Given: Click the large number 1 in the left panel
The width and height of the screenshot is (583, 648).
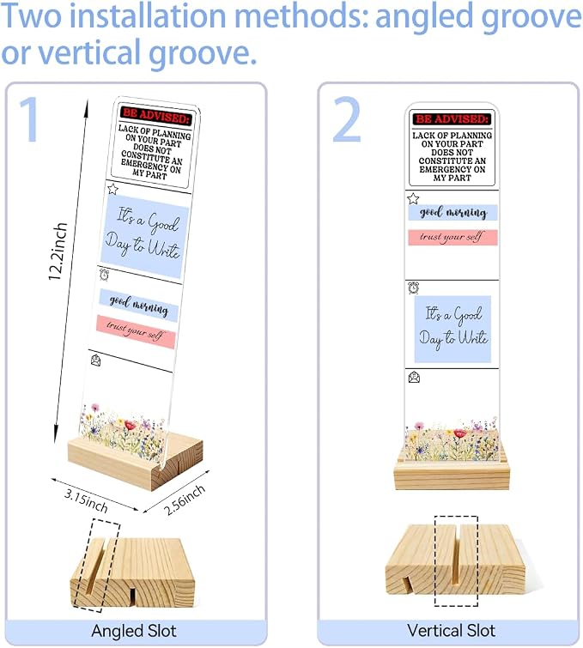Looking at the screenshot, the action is click(x=30, y=119).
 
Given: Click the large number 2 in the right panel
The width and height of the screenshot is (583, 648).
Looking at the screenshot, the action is click(x=347, y=119).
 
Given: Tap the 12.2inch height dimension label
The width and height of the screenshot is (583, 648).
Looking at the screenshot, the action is click(x=58, y=251).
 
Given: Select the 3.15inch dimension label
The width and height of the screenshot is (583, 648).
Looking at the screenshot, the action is click(x=86, y=500).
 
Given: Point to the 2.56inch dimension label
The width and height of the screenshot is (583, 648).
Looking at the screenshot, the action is click(x=185, y=500).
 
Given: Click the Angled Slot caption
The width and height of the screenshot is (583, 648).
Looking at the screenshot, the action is click(x=134, y=631).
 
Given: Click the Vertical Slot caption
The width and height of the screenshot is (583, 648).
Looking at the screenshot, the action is click(x=451, y=631).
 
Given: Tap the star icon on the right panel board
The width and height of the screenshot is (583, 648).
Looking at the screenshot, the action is click(x=413, y=199).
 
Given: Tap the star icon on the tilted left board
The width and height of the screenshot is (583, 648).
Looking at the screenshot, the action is click(x=112, y=190).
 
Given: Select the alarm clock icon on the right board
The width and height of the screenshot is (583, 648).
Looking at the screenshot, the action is click(x=413, y=288).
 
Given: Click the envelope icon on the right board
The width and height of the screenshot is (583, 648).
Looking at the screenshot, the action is click(x=414, y=377).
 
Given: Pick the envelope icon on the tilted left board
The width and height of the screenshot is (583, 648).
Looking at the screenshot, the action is click(x=95, y=360).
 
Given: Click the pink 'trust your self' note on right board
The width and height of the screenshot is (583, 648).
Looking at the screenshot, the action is click(x=452, y=237).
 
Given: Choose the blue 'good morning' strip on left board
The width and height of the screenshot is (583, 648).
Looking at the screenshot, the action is click(x=138, y=306).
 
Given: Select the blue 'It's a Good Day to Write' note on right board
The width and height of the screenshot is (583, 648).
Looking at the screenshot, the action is click(x=452, y=330).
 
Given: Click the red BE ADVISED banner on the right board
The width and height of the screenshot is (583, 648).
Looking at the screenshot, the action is click(x=452, y=119).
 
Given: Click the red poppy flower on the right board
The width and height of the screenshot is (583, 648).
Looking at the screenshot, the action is click(x=459, y=433).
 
